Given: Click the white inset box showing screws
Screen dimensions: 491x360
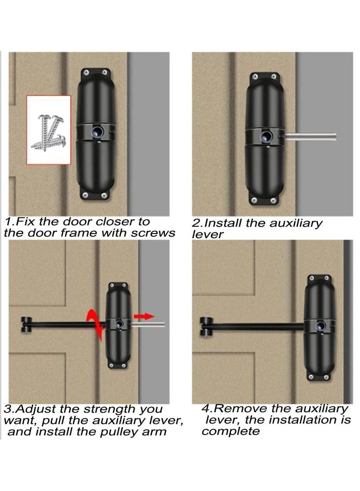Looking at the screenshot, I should coord(49,130).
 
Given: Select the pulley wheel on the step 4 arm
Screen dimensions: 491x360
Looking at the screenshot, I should coord(205,326).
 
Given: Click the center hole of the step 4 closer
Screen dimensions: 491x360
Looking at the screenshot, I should coord(321,325).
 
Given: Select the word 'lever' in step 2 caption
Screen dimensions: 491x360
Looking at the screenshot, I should coord(207,234).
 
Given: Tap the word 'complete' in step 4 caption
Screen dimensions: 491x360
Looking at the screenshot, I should coord(231,431).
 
